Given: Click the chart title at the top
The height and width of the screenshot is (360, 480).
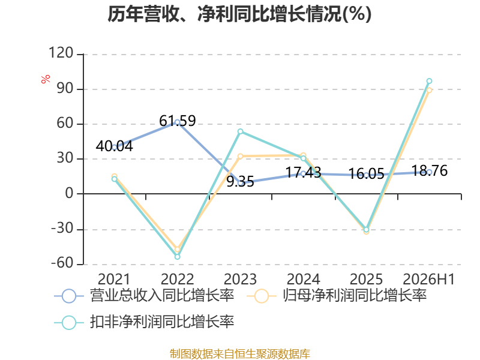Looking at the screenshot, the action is (x=239, y=14).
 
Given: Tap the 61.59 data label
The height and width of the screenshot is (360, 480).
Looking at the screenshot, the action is (x=177, y=121).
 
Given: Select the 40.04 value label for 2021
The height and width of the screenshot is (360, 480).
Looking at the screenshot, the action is (x=114, y=146).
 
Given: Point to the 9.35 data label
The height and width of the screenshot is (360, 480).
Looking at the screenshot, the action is (x=241, y=182).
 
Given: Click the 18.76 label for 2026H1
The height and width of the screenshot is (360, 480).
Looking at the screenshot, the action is (x=429, y=170).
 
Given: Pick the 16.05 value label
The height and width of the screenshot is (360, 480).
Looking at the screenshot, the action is (x=366, y=174).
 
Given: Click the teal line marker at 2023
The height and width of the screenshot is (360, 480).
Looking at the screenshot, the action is (x=241, y=131).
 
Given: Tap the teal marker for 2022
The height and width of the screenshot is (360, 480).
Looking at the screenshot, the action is (x=177, y=257).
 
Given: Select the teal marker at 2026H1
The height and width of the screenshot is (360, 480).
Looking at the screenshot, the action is (x=429, y=81).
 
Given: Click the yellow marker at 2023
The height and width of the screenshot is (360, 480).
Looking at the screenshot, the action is (x=241, y=157).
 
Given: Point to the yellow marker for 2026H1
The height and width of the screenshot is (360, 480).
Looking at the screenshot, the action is (x=429, y=91).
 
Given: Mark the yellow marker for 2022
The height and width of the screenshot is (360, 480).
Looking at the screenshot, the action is (x=177, y=249).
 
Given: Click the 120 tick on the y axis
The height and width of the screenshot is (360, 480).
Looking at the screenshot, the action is (x=61, y=53).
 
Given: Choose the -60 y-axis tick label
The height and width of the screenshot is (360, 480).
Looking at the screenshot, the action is (x=62, y=263).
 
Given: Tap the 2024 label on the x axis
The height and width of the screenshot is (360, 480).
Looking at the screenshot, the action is (x=303, y=279).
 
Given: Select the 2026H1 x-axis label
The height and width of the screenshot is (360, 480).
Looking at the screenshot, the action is (x=428, y=279).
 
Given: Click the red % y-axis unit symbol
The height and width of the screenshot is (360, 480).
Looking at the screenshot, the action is (x=46, y=79).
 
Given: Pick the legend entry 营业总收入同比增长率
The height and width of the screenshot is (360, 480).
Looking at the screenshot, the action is (x=144, y=296).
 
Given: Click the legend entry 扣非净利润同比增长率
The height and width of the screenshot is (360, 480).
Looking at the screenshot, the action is (x=144, y=322).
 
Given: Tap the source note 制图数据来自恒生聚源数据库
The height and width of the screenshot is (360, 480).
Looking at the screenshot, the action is (x=240, y=353).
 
